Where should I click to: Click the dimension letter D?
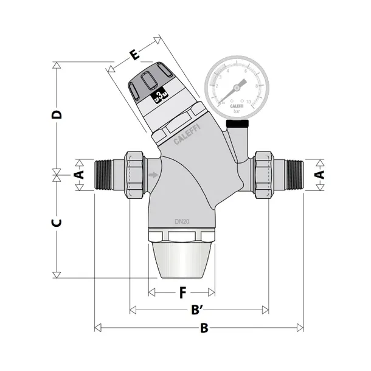point(57,115)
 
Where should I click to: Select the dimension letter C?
point(56,222)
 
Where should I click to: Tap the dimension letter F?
point(182,293)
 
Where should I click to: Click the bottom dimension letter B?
point(205,328)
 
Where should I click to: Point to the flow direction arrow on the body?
point(153,176)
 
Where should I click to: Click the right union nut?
point(263,175)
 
